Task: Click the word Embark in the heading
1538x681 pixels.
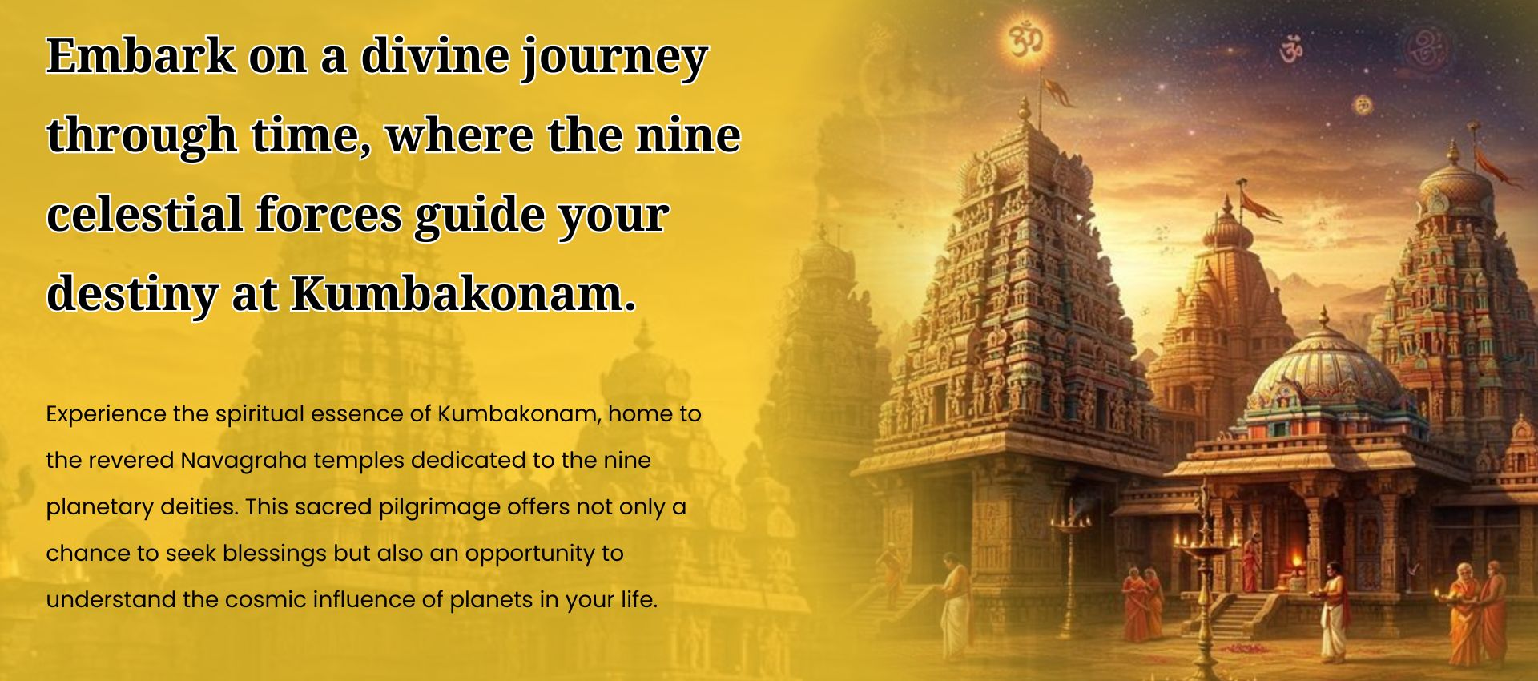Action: coord(141,56)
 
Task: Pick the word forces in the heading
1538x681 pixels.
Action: coord(329,214)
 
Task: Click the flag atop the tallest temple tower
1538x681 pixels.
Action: coord(1057,91)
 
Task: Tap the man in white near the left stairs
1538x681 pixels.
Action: coord(955,605)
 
